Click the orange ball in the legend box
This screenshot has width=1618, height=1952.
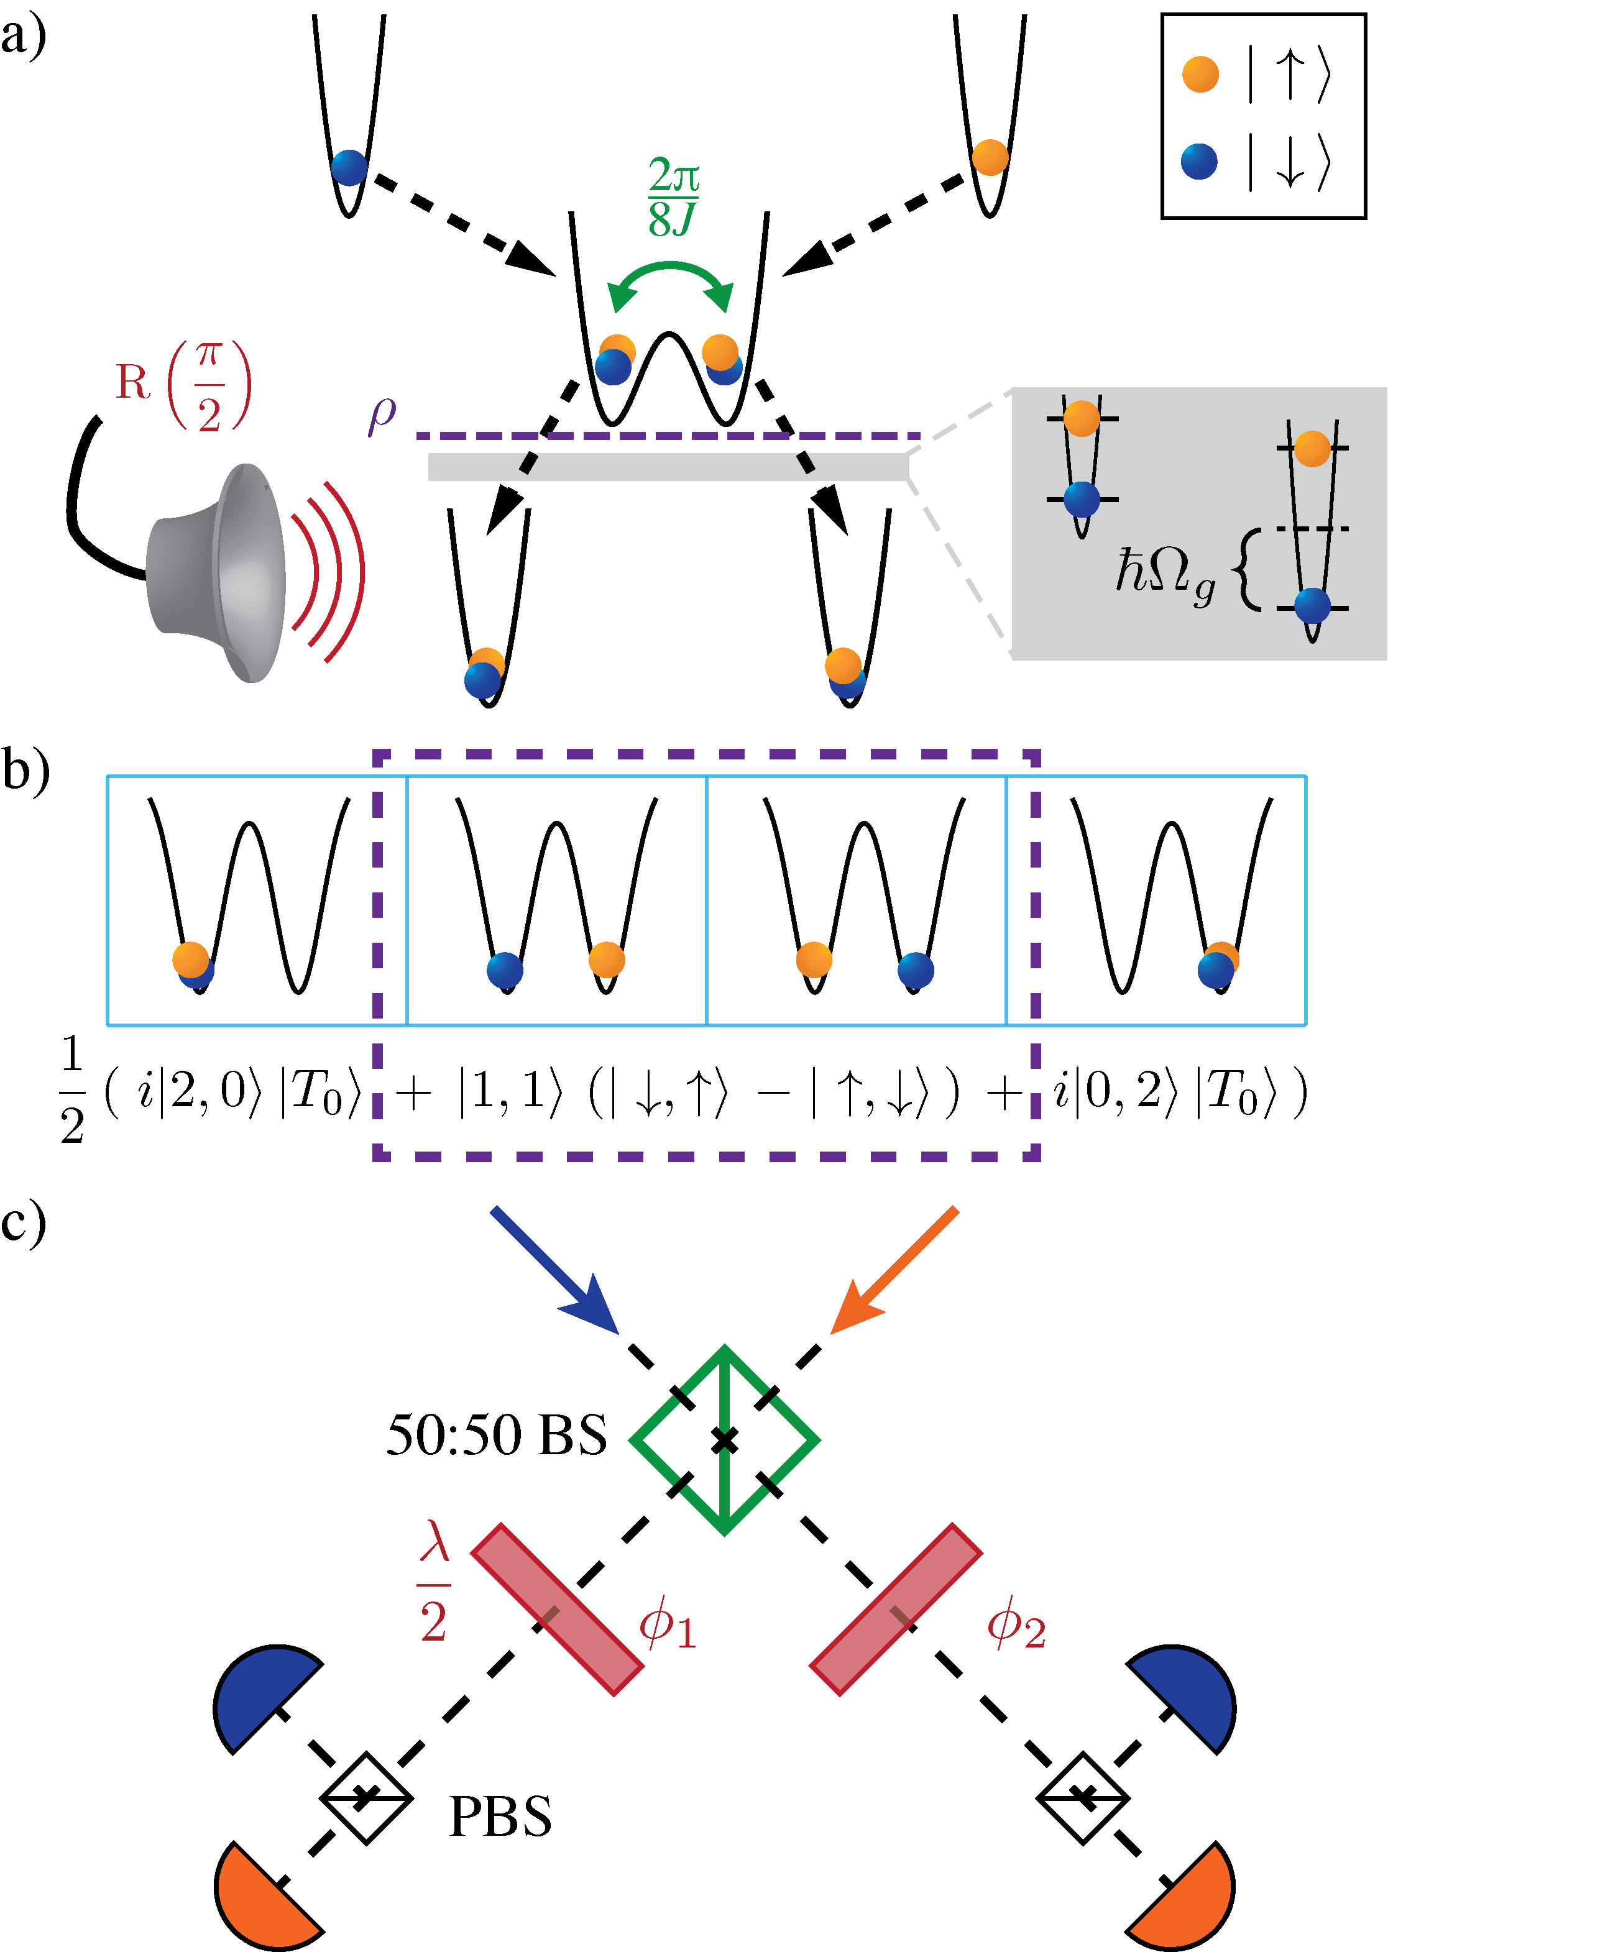[1200, 75]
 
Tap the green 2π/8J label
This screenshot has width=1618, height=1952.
[673, 197]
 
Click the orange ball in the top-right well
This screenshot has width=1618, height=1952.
[990, 157]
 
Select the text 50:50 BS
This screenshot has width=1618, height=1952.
[497, 1436]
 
